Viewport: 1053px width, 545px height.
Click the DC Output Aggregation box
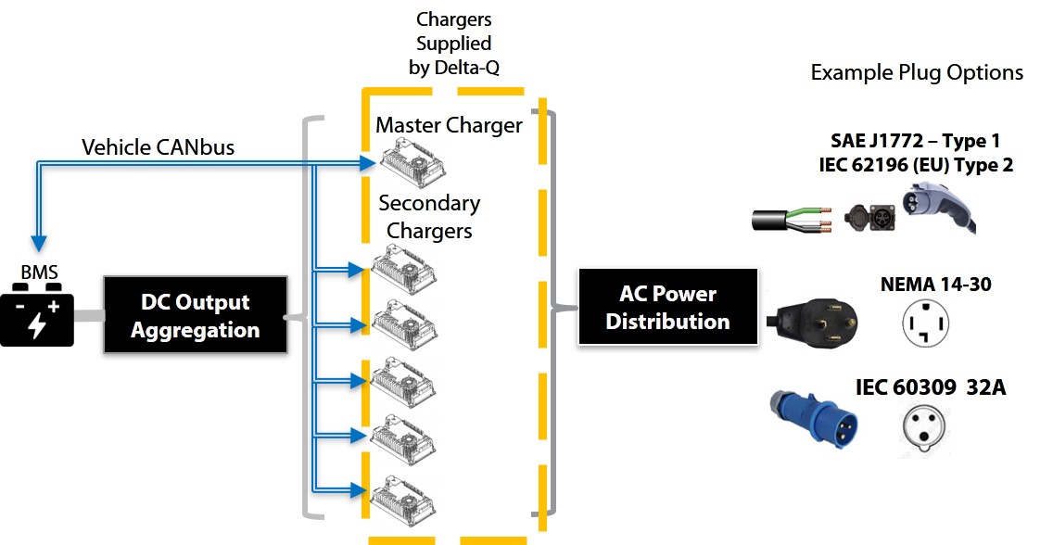195,315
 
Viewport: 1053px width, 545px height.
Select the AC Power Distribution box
667,308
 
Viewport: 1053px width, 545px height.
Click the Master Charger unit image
409,163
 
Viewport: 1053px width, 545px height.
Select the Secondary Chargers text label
429,217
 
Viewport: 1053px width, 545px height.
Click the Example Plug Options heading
917,72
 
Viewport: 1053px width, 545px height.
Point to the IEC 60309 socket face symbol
926,429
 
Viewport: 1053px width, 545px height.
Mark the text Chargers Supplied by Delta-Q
453,44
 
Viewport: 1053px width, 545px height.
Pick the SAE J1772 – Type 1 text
915,142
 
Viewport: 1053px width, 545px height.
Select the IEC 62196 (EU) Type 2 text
915,166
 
